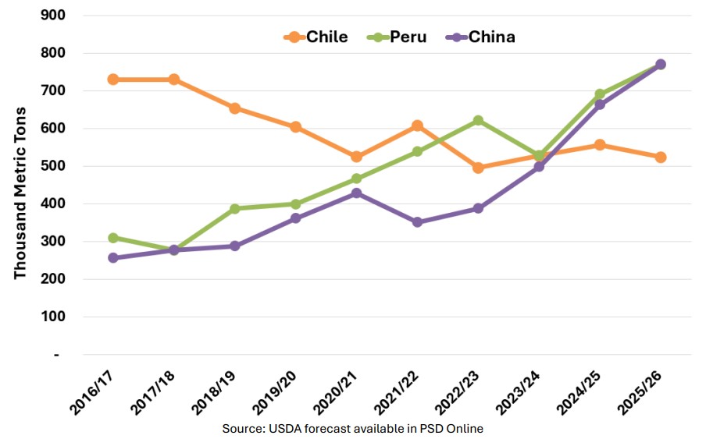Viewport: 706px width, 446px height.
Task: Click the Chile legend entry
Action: (x=316, y=37)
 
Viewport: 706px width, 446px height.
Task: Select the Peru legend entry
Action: (x=398, y=37)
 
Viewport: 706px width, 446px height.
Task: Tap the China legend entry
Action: (x=480, y=37)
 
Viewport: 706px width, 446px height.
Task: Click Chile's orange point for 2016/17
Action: (x=113, y=80)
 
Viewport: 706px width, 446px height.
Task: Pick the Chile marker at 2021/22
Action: (x=417, y=126)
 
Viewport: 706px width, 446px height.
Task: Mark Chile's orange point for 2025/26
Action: (x=660, y=157)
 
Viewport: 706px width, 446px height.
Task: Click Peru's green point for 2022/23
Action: (x=478, y=121)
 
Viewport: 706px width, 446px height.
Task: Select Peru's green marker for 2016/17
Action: (x=113, y=238)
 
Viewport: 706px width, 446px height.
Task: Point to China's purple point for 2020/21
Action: (x=357, y=193)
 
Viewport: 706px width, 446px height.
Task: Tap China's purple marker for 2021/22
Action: (x=417, y=222)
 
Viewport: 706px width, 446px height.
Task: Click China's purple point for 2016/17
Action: (x=113, y=258)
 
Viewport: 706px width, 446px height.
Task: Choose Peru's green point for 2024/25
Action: (x=600, y=94)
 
